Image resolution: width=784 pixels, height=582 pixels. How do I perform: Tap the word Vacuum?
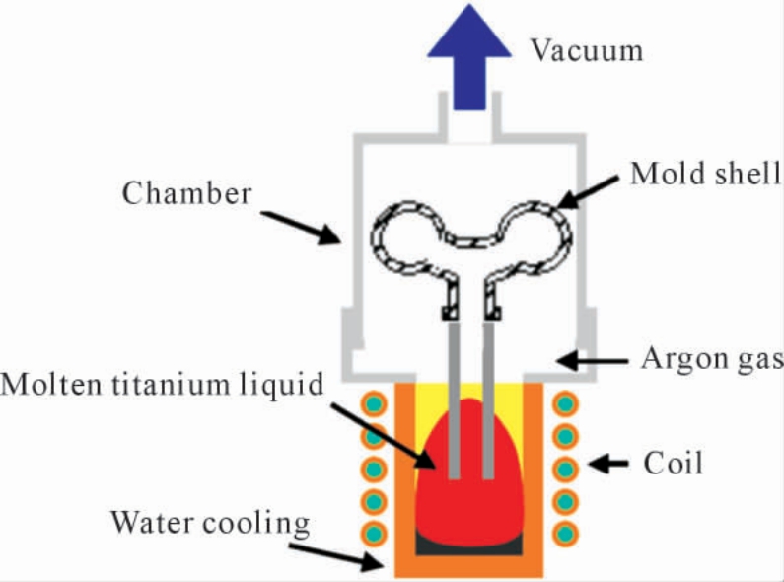[587, 50]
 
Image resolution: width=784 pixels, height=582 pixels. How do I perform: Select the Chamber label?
[186, 193]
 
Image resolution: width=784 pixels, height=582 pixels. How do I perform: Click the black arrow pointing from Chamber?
[301, 228]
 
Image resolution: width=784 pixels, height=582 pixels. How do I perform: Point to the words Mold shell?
[705, 174]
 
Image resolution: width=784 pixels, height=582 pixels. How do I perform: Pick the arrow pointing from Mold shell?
[587, 192]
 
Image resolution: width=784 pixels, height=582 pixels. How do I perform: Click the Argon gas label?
[712, 359]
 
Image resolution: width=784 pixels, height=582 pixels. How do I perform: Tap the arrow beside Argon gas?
[592, 360]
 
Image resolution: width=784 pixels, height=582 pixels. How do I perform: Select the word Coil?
[673, 463]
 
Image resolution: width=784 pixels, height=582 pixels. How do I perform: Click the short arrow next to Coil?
[608, 464]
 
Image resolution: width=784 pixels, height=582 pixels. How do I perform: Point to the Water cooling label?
[210, 524]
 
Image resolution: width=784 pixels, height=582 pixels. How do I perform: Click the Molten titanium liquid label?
[162, 386]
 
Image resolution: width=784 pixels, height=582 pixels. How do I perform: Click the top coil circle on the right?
[565, 404]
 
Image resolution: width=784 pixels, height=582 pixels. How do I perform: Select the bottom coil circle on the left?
[374, 534]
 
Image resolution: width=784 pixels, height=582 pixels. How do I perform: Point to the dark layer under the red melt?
[469, 548]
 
